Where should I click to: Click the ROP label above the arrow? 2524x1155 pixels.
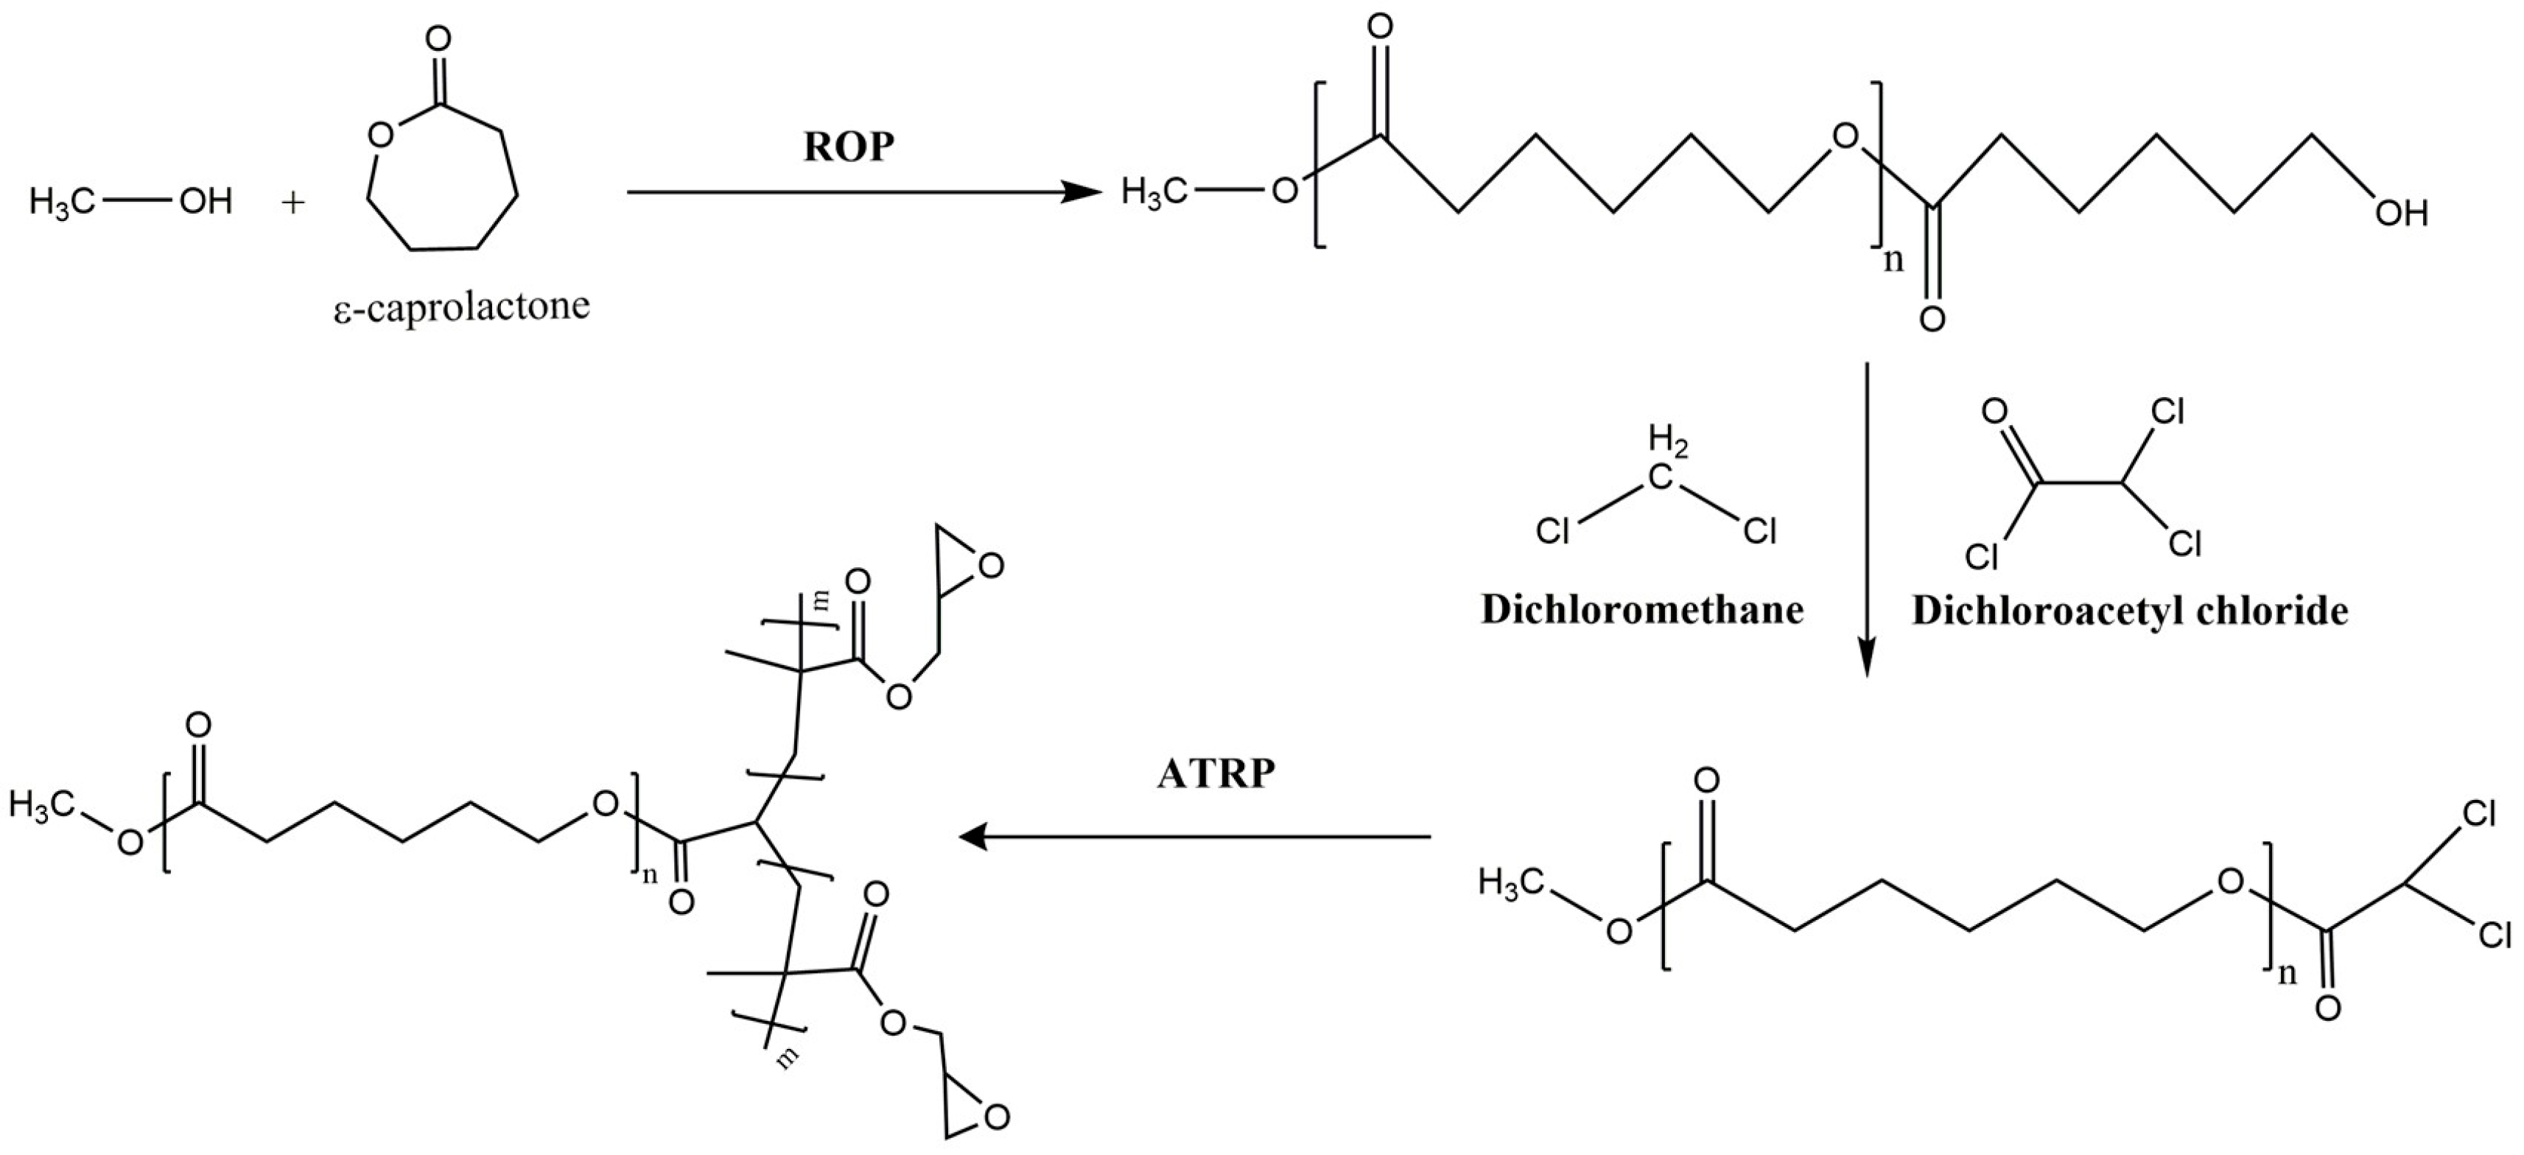(x=849, y=147)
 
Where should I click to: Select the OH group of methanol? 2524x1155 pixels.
(x=205, y=203)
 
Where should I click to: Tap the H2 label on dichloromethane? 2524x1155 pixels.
(x=1668, y=440)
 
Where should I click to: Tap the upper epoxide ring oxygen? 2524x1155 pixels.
(x=991, y=566)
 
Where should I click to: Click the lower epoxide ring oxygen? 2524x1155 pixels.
(x=997, y=1117)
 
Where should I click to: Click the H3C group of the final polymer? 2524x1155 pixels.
(x=42, y=804)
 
